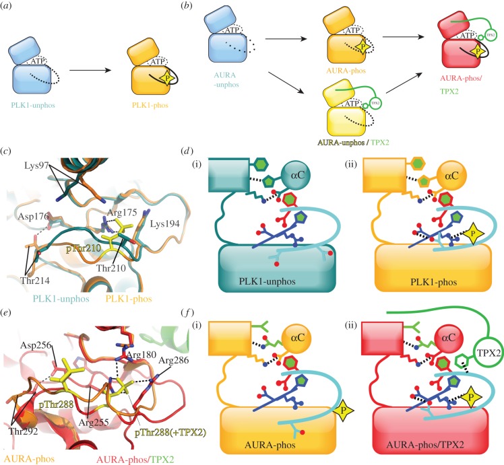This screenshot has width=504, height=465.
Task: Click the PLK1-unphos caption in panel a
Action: [x=38, y=105]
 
